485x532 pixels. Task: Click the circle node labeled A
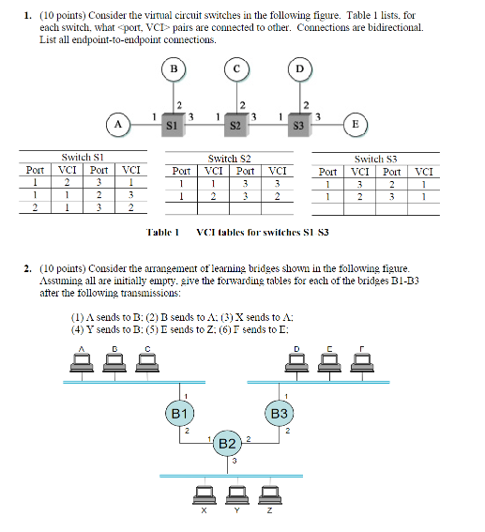click(x=118, y=124)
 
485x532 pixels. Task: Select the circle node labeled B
click(x=173, y=68)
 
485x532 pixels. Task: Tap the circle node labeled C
click(x=236, y=68)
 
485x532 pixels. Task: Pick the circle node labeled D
click(x=299, y=68)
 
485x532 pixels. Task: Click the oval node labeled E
click(x=356, y=124)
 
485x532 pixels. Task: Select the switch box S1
click(x=173, y=123)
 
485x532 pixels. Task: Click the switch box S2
click(x=236, y=123)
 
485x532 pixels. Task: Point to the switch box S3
click(x=299, y=123)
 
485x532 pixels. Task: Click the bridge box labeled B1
click(x=180, y=414)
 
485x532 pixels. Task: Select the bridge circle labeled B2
click(x=227, y=443)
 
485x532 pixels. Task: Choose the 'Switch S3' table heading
click(x=380, y=160)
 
